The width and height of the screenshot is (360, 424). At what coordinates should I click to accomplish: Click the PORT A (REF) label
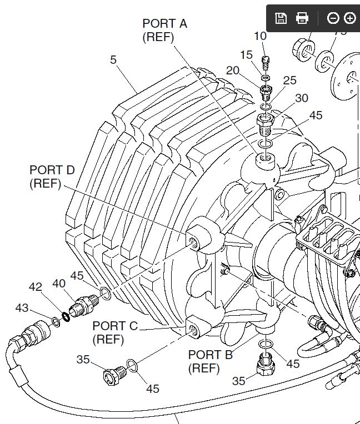pyautogui.click(x=164, y=31)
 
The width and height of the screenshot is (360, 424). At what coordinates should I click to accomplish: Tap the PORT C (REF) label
pyautogui.click(x=115, y=332)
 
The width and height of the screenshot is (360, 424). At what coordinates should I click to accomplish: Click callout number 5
pyautogui.click(x=113, y=59)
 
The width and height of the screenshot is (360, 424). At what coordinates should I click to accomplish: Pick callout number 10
pyautogui.click(x=260, y=37)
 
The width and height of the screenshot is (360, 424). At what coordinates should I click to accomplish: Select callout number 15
pyautogui.click(x=246, y=55)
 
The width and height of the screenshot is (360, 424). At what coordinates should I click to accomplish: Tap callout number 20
pyautogui.click(x=232, y=70)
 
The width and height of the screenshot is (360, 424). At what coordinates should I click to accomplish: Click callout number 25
pyautogui.click(x=290, y=80)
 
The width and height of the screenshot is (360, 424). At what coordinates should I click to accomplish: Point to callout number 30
pyautogui.click(x=301, y=98)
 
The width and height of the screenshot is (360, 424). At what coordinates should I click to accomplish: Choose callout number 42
pyautogui.click(x=36, y=286)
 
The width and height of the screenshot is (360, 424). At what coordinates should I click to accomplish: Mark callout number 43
pyautogui.click(x=22, y=307)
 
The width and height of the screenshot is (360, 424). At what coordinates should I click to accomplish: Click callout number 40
pyautogui.click(x=59, y=283)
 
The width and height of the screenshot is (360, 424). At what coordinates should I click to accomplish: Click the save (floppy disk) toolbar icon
pyautogui.click(x=281, y=18)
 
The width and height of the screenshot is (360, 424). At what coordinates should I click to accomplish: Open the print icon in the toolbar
pyautogui.click(x=302, y=18)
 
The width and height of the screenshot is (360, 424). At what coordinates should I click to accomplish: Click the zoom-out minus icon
pyautogui.click(x=333, y=18)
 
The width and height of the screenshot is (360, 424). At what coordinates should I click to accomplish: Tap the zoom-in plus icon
pyautogui.click(x=349, y=18)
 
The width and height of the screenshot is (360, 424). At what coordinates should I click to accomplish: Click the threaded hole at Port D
pyautogui.click(x=193, y=242)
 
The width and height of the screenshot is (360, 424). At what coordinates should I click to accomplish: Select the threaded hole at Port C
pyautogui.click(x=193, y=331)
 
